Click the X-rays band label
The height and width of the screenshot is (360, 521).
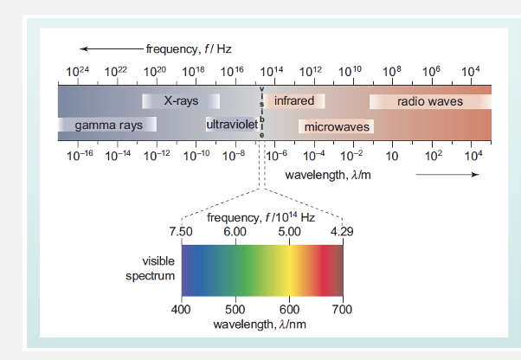[181, 101]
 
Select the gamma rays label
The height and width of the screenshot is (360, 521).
[108, 125]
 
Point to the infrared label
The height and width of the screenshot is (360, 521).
[294, 101]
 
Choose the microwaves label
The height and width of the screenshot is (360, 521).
[337, 127]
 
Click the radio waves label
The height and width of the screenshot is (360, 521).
[430, 101]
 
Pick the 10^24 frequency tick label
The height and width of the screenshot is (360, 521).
[77, 70]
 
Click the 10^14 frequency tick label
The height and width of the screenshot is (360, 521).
[272, 70]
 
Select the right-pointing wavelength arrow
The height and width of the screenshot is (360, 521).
[447, 175]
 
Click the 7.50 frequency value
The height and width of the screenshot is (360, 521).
[180, 232]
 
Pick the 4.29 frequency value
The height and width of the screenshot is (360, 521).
[342, 232]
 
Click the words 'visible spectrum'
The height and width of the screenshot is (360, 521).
[156, 268]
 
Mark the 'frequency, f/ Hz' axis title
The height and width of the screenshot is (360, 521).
[189, 48]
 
